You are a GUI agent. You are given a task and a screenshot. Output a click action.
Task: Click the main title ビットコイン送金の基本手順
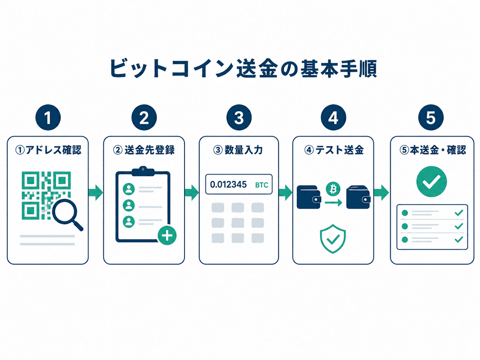coord(243,68)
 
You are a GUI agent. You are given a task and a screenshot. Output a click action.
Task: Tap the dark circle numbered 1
coord(48,118)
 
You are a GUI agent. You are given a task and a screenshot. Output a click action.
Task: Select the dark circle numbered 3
coord(239,118)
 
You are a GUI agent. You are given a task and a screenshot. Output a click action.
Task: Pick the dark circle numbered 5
coord(431,118)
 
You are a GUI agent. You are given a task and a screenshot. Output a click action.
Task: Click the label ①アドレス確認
coord(48,150)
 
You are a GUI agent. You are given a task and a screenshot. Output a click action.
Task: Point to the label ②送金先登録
coord(144,150)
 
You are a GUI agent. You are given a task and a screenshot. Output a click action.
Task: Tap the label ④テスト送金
coord(334,150)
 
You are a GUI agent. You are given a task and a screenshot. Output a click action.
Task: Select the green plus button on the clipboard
coord(167,235)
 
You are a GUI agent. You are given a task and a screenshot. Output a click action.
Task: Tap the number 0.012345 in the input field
coord(228,185)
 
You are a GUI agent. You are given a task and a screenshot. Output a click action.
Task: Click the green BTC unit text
coord(262,185)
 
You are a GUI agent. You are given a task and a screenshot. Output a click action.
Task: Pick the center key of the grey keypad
coord(238,223)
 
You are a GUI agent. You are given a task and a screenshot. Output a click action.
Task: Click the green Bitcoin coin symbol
coord(333,189)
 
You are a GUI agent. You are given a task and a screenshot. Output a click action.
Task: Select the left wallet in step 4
coord(309,197)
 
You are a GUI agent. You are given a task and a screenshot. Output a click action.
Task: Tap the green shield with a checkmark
coord(333,239)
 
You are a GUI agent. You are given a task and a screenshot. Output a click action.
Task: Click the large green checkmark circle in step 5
coord(432,181)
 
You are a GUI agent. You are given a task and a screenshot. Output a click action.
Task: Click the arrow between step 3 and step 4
coord(285,193)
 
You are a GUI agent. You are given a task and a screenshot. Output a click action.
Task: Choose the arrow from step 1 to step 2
coord(95,193)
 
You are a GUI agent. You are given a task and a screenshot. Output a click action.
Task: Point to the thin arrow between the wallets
coord(333,203)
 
